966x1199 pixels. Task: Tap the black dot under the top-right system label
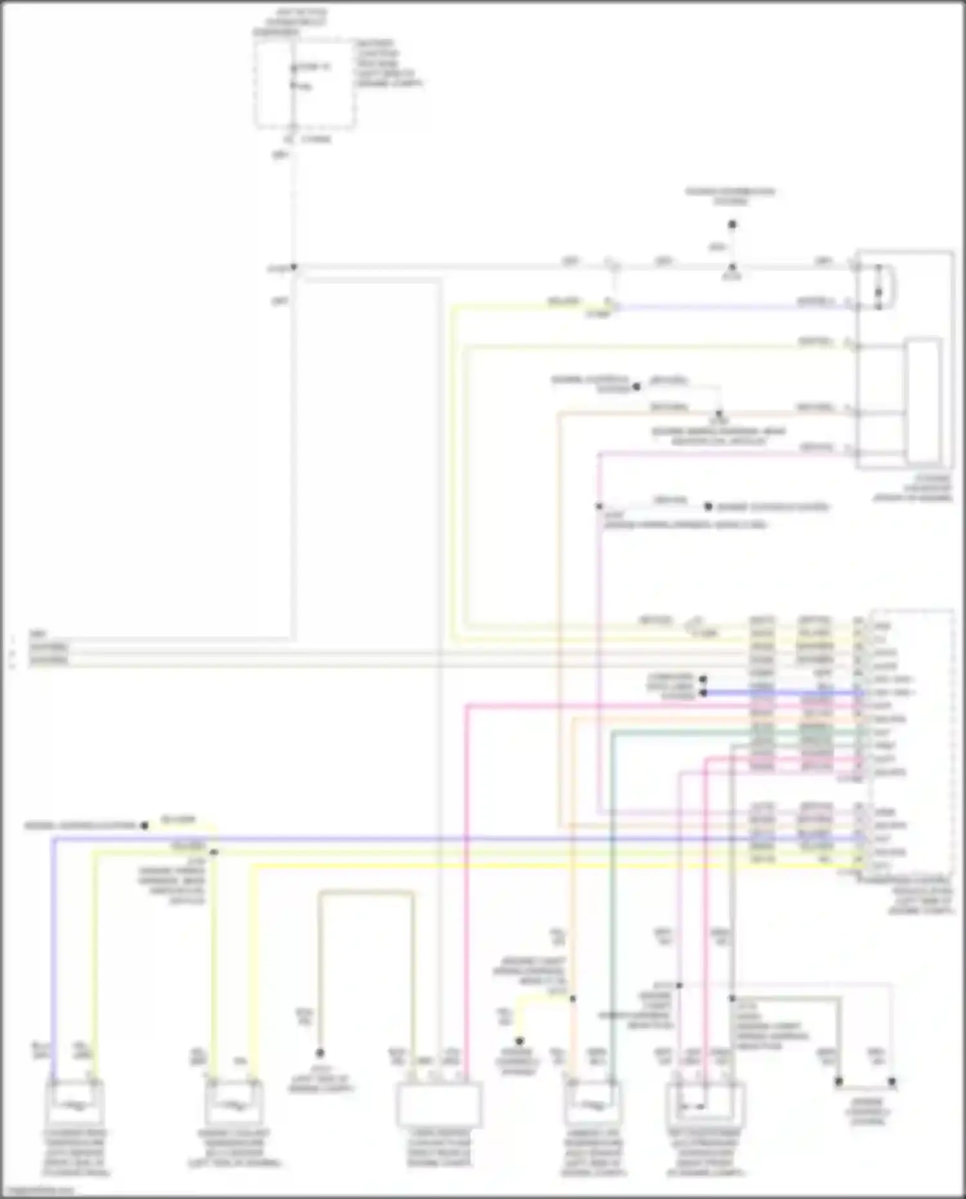(x=732, y=225)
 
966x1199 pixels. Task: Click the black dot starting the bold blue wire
(x=703, y=693)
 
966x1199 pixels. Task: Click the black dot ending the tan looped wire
(x=319, y=1053)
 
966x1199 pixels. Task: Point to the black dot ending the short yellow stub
(x=519, y=1041)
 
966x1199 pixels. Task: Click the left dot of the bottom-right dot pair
(x=838, y=1082)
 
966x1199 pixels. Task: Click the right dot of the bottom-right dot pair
(x=892, y=1082)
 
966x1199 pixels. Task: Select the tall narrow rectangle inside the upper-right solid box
(x=923, y=401)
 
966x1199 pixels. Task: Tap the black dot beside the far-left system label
(x=144, y=825)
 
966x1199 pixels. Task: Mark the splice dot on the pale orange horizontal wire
(x=719, y=413)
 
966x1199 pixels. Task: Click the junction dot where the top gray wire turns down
(x=294, y=267)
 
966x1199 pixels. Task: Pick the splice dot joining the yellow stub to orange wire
(x=573, y=999)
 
